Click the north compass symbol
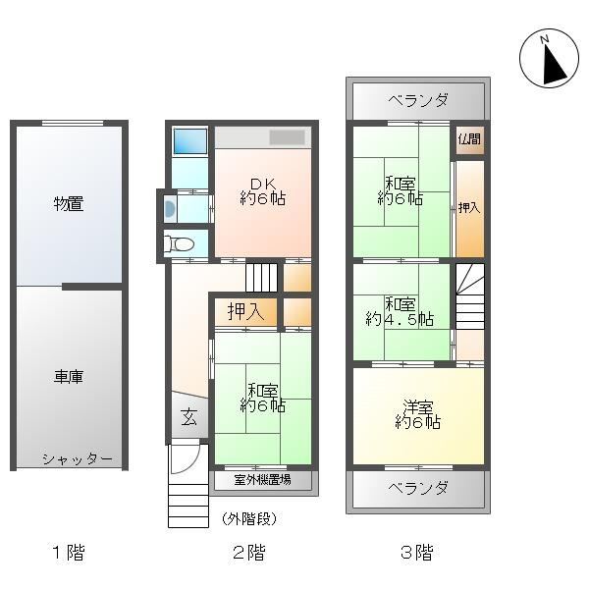point(549,58)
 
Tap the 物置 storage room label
point(69,204)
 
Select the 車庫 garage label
point(69,377)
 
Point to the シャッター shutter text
point(77,459)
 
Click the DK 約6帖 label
point(262,191)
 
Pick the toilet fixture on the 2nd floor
point(180,244)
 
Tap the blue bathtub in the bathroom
point(190,141)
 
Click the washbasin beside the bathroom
point(170,208)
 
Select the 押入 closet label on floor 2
point(245,311)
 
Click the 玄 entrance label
point(188,416)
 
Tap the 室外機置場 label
point(262,480)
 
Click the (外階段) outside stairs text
point(249,519)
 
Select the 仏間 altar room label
point(469,139)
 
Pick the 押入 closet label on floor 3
point(469,207)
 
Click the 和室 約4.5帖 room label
point(400,312)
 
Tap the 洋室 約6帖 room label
point(418,414)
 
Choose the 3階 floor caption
point(417,553)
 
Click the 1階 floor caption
point(69,553)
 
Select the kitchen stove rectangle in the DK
point(287,137)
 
